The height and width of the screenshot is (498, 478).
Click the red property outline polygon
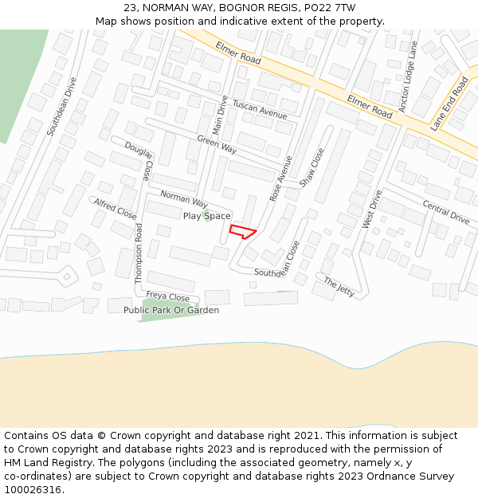243,232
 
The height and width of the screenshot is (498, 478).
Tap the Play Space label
206,216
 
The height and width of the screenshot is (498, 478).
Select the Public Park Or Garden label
171,310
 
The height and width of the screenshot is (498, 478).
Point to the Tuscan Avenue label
260,111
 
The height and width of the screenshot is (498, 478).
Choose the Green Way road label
217,144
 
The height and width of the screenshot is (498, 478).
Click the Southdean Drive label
62,106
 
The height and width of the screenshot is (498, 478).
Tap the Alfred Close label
116,209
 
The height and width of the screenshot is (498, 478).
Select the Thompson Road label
139,253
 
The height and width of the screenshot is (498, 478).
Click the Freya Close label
167,296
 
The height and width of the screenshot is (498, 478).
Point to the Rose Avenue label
281,178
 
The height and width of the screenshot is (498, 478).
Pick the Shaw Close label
311,167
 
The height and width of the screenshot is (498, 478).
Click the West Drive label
372,209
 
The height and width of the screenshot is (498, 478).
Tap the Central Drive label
446,213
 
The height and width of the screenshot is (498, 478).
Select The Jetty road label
339,287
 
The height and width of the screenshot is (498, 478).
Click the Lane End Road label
449,104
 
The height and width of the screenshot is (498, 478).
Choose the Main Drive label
220,115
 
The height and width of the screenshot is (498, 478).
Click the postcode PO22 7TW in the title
327,7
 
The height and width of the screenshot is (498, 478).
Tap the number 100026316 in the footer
34,489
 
